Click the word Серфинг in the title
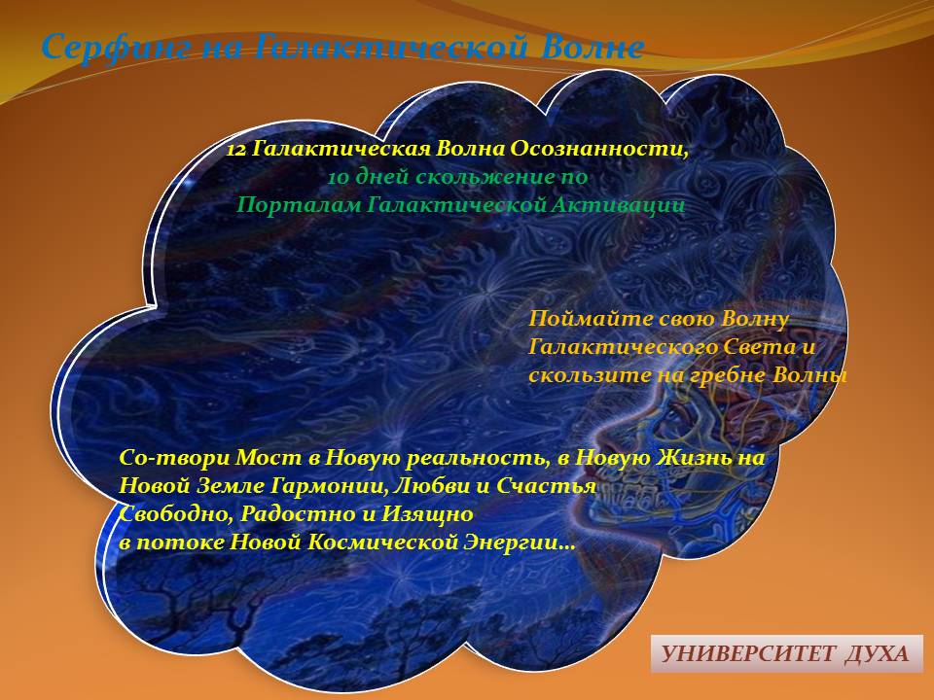click(117, 48)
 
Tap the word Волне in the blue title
click(593, 47)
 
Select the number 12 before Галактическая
click(235, 149)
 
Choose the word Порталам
click(298, 205)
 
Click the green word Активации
click(618, 205)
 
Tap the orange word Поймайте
click(591, 319)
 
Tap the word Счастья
click(546, 486)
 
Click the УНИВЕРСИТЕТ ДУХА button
click(786, 653)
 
